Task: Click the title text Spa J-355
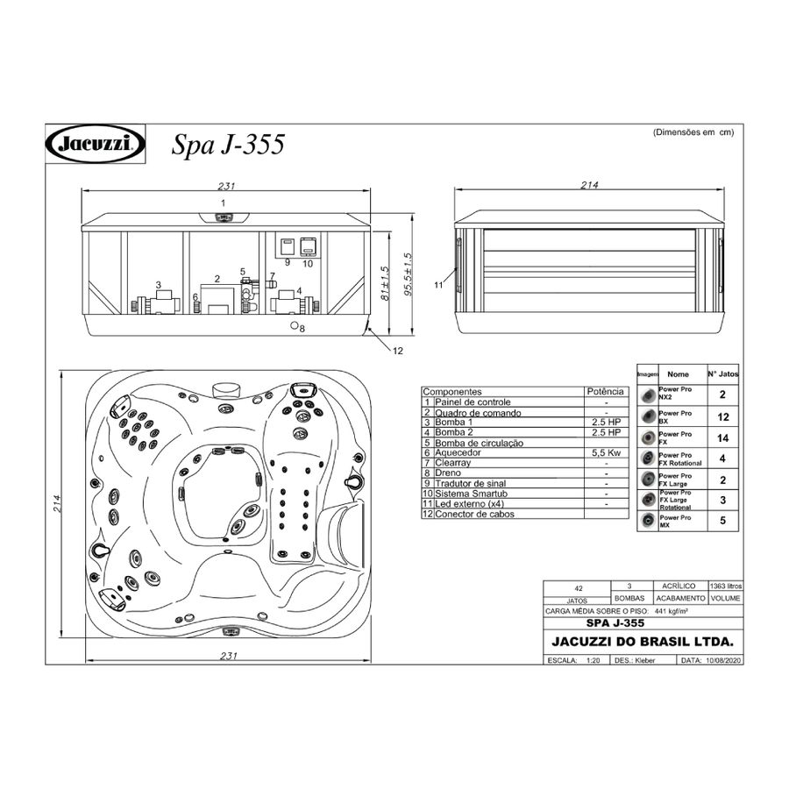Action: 227,144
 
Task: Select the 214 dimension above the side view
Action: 589,186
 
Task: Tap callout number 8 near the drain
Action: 302,329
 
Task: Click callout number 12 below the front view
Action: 397,351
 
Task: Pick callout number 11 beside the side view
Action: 438,285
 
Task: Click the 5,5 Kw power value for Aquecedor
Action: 606,453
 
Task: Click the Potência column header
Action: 606,392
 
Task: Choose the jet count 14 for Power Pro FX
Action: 722,437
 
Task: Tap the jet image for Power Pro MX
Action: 648,521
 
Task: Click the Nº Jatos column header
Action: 722,373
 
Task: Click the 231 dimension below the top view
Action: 229,656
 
